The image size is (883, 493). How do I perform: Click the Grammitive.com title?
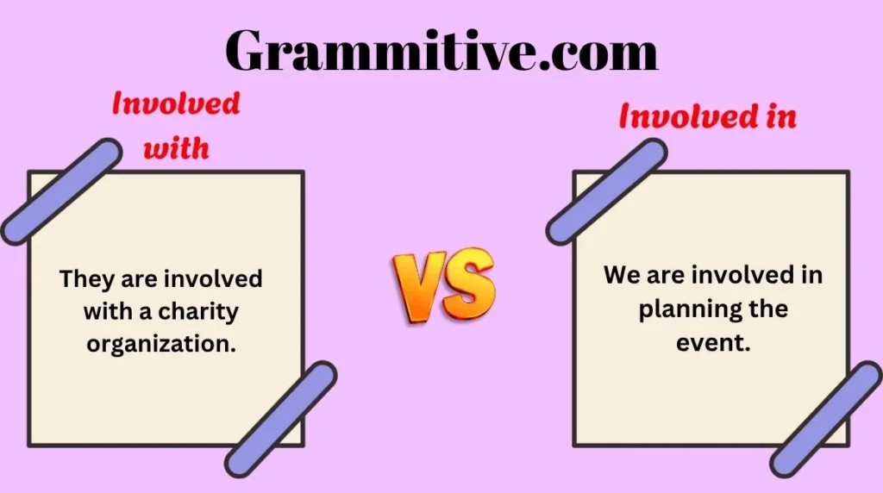click(x=441, y=50)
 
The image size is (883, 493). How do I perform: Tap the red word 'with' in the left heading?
click(x=176, y=148)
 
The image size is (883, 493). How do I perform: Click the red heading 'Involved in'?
click(x=708, y=116)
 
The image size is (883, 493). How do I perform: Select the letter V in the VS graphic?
click(x=419, y=287)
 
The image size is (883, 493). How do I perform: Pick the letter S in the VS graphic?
click(x=468, y=283)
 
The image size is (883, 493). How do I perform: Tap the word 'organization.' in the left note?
click(x=161, y=344)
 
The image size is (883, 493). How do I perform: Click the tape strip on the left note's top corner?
click(x=61, y=192)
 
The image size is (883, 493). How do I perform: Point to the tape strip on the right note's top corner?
click(x=606, y=192)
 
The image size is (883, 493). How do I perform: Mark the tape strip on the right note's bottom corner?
click(x=826, y=419)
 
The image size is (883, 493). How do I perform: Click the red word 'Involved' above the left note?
click(x=176, y=103)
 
